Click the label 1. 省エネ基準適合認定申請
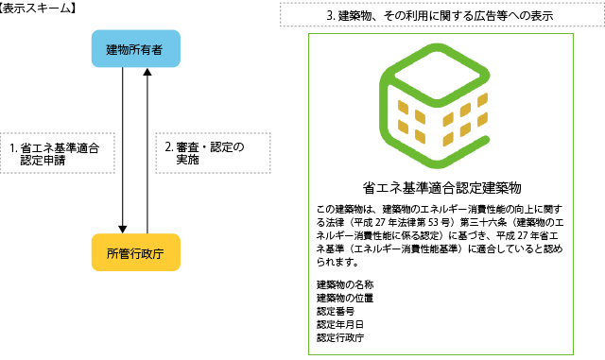click(x=56, y=154)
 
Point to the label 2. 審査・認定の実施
click(x=204, y=154)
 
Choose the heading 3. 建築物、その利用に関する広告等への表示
click(x=440, y=16)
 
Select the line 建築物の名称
click(x=345, y=284)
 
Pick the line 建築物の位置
click(x=345, y=298)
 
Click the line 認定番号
click(x=336, y=311)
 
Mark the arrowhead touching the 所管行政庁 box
click(x=124, y=228)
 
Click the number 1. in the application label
click(x=14, y=148)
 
